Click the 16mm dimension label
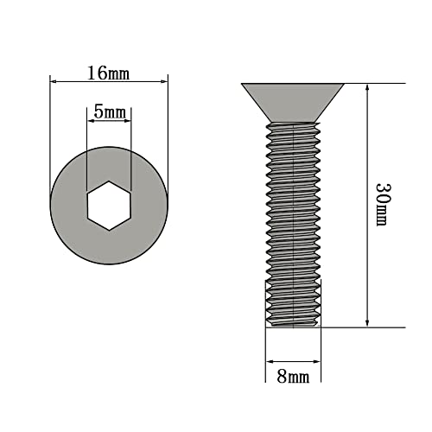pos(108,73)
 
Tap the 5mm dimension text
pos(109,113)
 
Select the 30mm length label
pos(382,204)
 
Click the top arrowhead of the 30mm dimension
pos(369,87)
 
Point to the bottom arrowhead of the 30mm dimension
pos(369,323)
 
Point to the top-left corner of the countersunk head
pos(241,85)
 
